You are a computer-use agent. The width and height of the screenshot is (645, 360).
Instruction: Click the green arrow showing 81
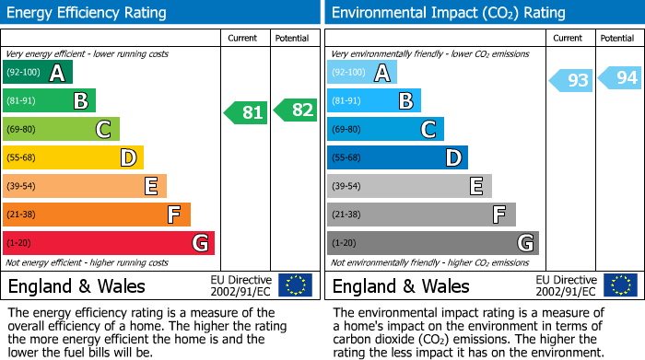tap(246, 113)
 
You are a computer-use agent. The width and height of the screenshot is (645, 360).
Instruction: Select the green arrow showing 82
tap(296, 110)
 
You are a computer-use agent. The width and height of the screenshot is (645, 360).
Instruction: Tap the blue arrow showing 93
tap(571, 81)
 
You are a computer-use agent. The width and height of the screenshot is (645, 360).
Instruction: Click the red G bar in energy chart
tap(109, 243)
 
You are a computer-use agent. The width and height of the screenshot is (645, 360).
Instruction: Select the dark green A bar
tap(38, 73)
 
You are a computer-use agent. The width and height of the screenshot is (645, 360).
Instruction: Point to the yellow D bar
tap(73, 157)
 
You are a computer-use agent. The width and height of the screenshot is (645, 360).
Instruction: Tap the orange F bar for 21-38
tap(97, 215)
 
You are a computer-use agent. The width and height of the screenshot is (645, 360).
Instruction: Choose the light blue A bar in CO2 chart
tap(362, 73)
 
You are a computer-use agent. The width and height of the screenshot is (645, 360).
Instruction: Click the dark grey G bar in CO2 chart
tap(432, 243)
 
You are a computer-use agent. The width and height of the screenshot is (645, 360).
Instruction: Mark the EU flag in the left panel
tap(295, 285)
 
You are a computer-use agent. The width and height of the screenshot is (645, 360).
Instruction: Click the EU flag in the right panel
tap(619, 285)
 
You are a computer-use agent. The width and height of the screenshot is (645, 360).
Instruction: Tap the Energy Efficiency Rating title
tap(88, 13)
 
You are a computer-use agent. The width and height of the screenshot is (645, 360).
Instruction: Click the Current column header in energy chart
tap(244, 39)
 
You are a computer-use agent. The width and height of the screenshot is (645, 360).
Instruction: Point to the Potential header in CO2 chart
tap(616, 39)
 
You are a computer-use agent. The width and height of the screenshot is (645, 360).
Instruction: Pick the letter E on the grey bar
tap(475, 186)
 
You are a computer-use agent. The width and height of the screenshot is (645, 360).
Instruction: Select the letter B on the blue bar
tap(405, 101)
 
